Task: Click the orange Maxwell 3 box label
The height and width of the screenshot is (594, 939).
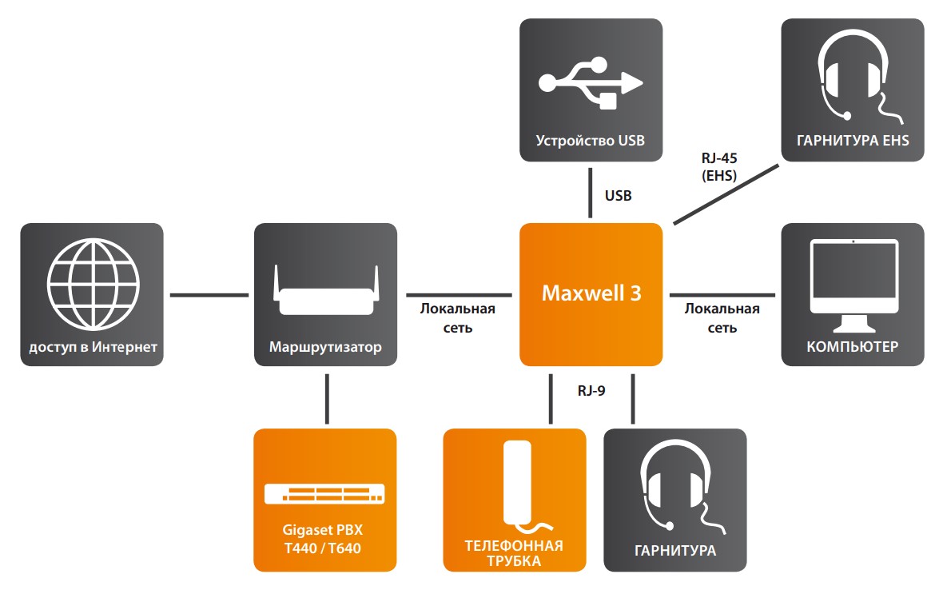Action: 591,293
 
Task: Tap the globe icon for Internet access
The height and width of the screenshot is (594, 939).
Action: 92,277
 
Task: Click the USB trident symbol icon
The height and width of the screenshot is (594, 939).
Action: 591,82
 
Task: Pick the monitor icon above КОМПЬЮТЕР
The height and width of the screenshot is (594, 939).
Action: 852,285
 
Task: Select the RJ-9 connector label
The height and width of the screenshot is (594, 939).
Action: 592,391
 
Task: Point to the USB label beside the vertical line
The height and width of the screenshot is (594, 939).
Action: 619,195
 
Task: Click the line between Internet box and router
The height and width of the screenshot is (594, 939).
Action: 209,294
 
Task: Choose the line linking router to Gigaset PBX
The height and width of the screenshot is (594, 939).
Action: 327,397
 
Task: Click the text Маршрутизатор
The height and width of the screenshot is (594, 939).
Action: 325,347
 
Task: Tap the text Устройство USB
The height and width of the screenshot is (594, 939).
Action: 590,142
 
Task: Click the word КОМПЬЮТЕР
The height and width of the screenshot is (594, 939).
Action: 852,347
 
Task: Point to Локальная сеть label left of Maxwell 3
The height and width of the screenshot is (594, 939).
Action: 458,317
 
